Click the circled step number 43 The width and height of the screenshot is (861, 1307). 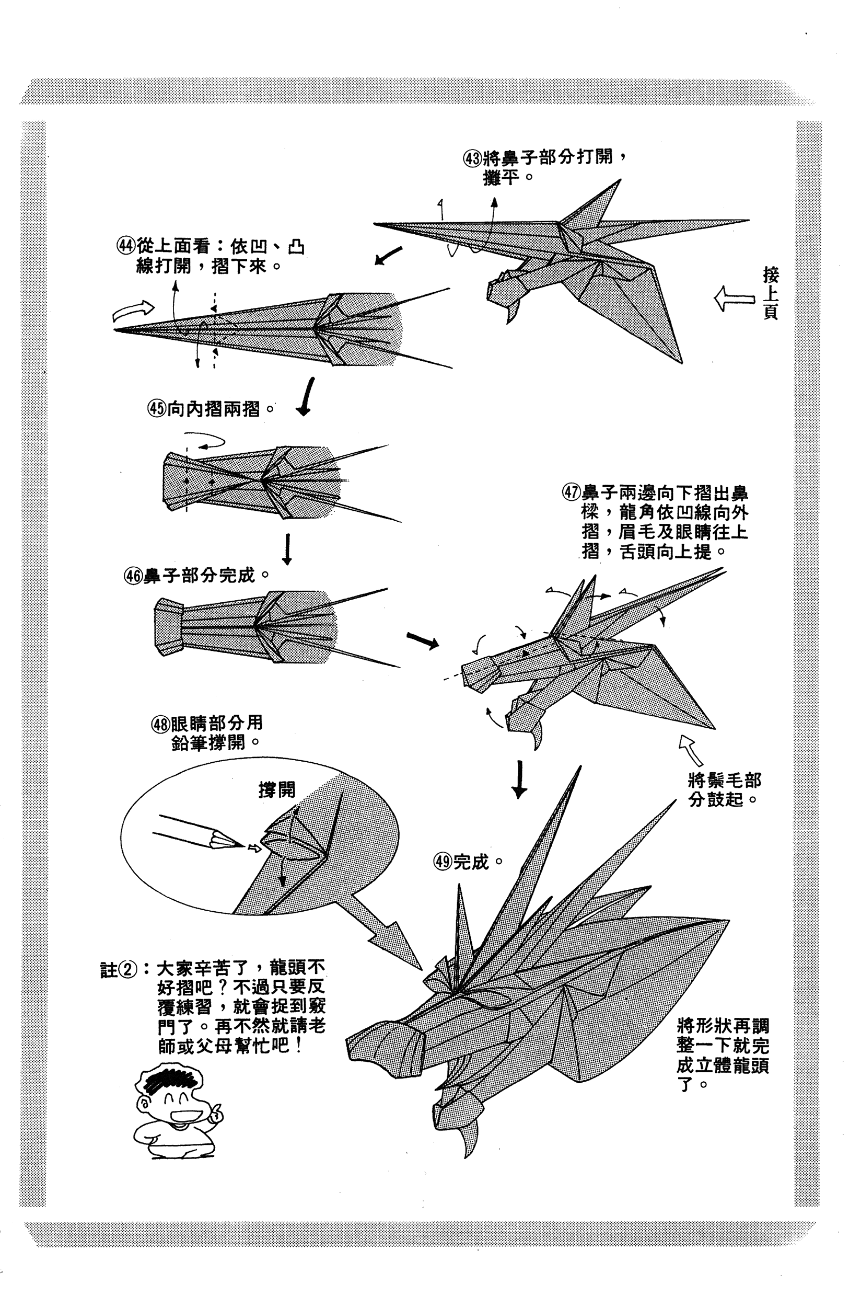coord(472,159)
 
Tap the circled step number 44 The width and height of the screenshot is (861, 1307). coord(126,246)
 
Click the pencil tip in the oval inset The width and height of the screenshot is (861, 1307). coord(240,844)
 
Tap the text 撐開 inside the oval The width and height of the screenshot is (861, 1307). coord(277,789)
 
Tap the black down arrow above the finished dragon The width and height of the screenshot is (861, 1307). coord(519,779)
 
